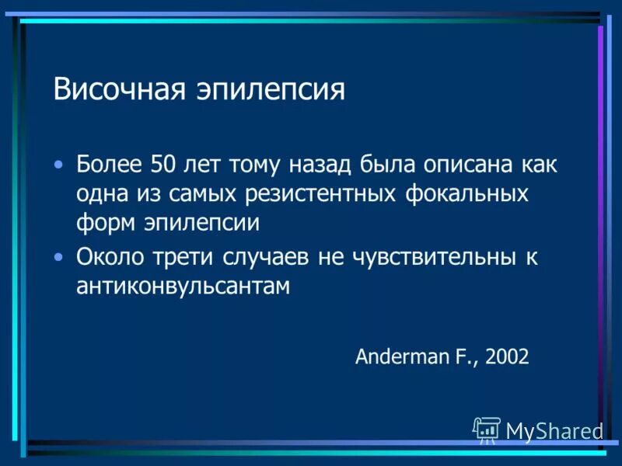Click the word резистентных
pyautogui.click(x=327, y=193)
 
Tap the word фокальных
pyautogui.click(x=467, y=193)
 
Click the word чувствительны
pyautogui.click(x=429, y=257)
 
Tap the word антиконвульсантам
pyautogui.click(x=183, y=286)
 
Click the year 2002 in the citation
pyautogui.click(x=507, y=356)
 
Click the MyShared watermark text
pyautogui.click(x=554, y=430)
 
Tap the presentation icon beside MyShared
pyautogui.click(x=487, y=429)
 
